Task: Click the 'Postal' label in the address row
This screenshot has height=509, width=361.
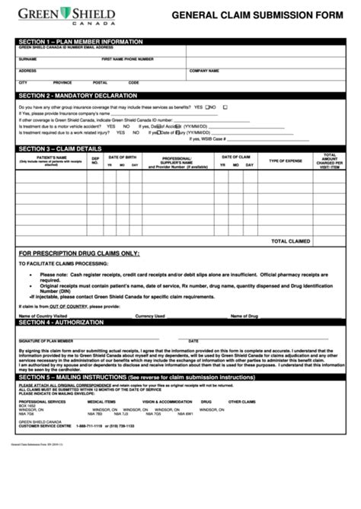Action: tap(100, 82)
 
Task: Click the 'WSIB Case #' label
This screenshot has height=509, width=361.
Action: tap(208, 138)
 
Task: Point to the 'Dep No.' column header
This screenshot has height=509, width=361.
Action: tap(95, 160)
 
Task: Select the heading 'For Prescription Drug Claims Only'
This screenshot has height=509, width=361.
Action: tap(79, 253)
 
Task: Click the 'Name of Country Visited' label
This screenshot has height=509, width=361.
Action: tap(43, 316)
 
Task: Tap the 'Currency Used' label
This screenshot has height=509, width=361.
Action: tap(150, 316)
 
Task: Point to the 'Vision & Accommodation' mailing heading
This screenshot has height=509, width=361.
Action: tap(168, 401)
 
